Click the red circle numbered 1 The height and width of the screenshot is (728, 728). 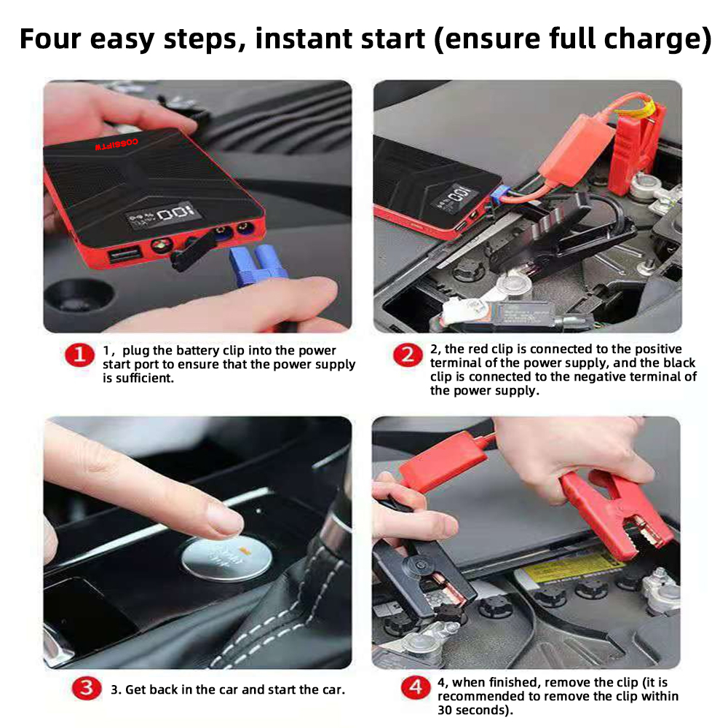[79, 355]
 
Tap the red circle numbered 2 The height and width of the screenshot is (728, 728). [408, 355]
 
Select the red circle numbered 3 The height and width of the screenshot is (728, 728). [87, 688]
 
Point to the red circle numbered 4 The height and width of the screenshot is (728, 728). [416, 687]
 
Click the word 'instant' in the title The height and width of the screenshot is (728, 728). [340, 39]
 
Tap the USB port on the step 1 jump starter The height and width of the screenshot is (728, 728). [124, 254]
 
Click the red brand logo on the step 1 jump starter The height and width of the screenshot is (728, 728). [116, 144]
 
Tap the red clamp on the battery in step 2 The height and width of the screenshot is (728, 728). [636, 149]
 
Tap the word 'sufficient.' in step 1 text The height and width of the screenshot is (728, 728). [138, 379]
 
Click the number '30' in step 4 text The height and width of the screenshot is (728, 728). [445, 710]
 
